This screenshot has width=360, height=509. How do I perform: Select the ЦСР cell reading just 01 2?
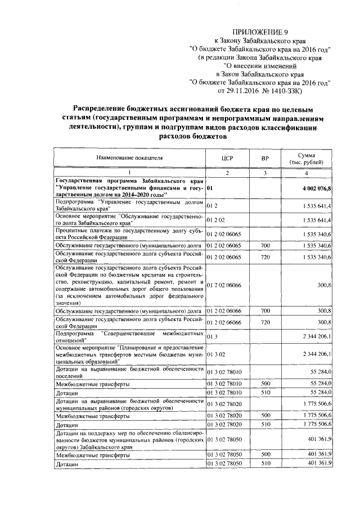pyautogui.click(x=211, y=206)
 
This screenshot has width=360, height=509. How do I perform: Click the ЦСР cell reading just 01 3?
pyautogui.click(x=211, y=336)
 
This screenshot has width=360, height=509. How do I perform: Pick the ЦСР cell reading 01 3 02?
pyautogui.click(x=213, y=354)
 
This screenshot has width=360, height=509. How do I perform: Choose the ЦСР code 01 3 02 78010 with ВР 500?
pyautogui.click(x=226, y=383)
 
